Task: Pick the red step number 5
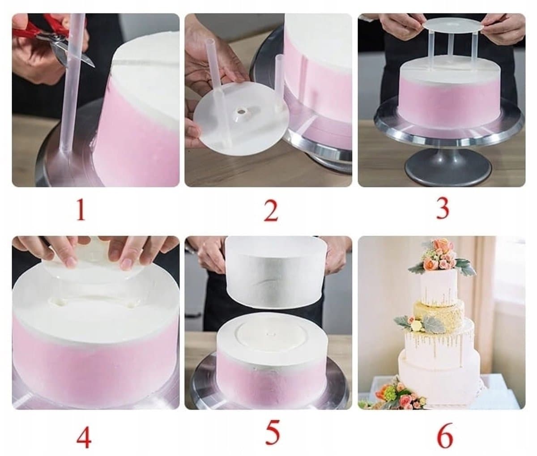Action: point(272,431)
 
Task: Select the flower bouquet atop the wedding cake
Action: point(442,257)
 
